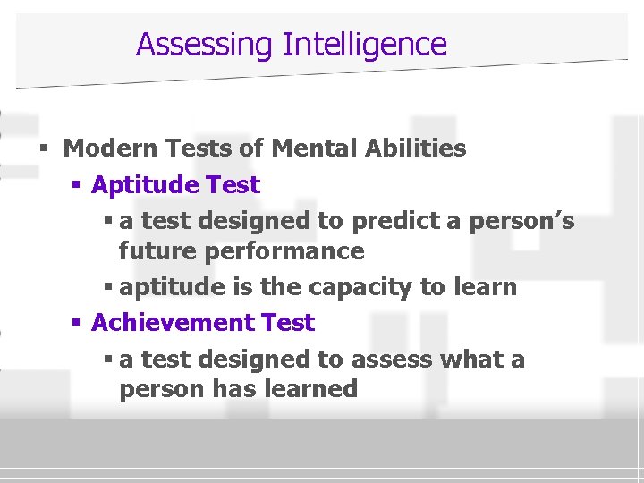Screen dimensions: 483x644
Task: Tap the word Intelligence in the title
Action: pos(364,44)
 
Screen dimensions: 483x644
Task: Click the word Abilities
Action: pos(418,148)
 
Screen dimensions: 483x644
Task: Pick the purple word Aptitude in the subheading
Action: pos(145,186)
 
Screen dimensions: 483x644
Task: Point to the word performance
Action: pos(284,251)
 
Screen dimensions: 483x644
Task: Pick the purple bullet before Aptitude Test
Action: pos(76,186)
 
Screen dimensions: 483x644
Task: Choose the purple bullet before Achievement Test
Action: pos(76,323)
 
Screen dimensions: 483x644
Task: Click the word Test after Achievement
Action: pos(288,323)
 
